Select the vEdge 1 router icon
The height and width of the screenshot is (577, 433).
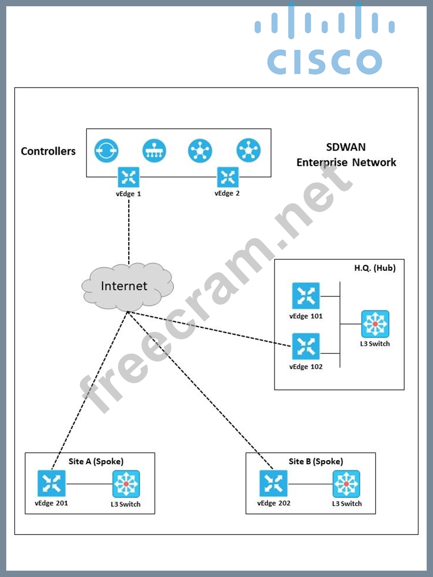128,177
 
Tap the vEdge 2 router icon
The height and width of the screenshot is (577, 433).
228,177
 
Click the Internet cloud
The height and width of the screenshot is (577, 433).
127,286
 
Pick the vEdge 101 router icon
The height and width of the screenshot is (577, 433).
306,296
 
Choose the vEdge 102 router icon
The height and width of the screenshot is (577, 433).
306,346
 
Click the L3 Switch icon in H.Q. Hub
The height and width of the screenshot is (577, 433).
375,324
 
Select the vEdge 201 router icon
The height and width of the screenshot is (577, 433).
52,483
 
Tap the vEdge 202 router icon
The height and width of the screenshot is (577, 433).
273,483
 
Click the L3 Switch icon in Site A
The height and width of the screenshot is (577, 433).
126,484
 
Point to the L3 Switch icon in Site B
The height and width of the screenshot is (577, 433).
346,484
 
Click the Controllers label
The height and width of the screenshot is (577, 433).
48,151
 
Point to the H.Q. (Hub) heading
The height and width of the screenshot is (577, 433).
375,268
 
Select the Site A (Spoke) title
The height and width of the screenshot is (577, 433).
96,461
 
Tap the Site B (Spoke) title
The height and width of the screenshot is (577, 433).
316,461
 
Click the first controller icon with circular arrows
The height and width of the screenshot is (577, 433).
106,150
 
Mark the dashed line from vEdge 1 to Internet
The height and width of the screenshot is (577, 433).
129,232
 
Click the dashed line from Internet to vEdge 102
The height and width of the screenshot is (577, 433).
209,329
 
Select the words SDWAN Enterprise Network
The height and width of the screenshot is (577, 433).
346,154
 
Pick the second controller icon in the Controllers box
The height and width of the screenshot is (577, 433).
154,150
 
